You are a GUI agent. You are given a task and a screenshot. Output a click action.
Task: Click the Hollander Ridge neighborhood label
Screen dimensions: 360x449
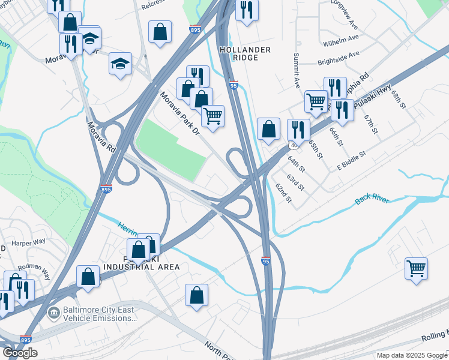245,53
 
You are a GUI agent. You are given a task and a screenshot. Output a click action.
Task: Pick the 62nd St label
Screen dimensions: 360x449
283,193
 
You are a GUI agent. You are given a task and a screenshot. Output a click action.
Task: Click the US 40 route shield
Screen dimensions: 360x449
293,145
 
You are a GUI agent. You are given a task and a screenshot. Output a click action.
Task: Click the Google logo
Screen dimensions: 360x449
20,353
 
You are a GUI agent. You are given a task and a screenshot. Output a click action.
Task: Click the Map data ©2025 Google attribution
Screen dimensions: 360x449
412,355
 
